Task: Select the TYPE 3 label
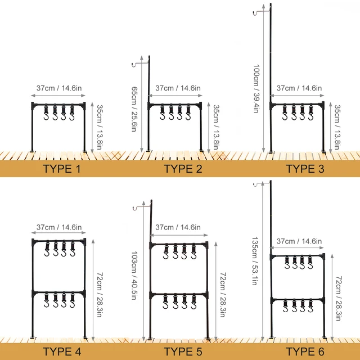[305, 168]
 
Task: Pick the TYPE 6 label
[305, 352]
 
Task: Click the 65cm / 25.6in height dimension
[134, 109]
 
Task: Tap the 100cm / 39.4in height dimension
[256, 89]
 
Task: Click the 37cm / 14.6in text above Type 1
[59, 88]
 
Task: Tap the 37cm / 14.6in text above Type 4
[59, 227]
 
